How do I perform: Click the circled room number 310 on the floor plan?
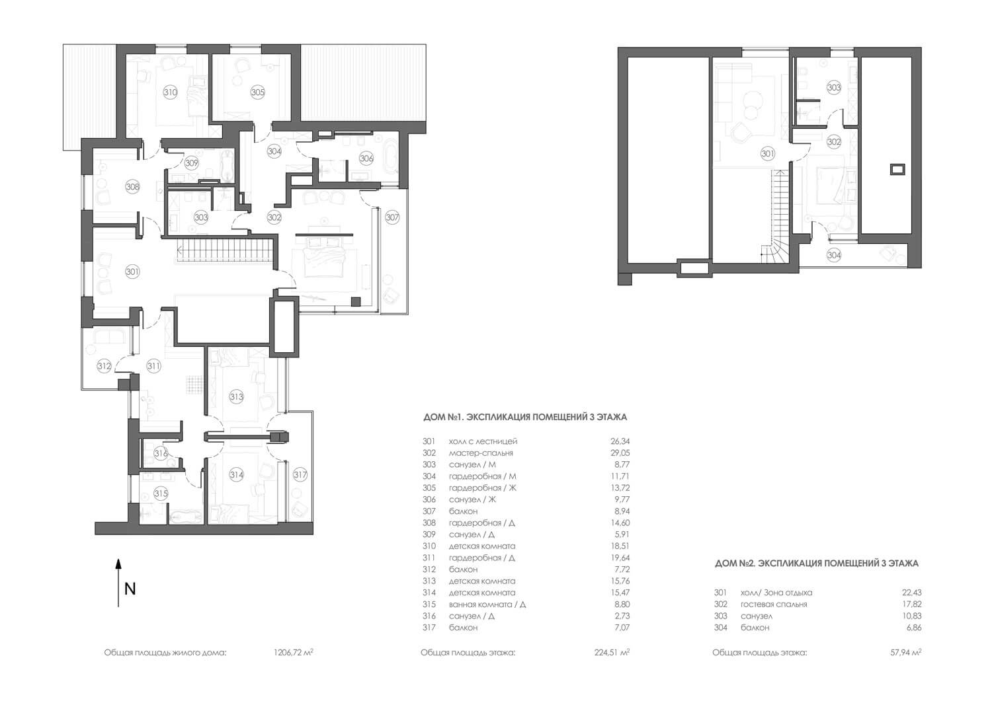(170, 92)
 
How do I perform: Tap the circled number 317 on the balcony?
(300, 475)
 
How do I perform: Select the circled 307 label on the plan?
(392, 217)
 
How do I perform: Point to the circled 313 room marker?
(237, 396)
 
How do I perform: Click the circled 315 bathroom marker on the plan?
(161, 493)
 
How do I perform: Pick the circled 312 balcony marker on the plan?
(104, 367)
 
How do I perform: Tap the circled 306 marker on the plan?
(366, 158)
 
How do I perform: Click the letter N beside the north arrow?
(130, 589)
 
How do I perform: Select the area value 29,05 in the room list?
(620, 453)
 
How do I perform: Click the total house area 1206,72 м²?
(294, 652)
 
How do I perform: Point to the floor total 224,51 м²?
(612, 652)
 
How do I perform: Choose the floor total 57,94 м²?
(906, 652)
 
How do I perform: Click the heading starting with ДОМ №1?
(525, 417)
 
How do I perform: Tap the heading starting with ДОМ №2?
(817, 564)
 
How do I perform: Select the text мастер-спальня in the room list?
(481, 453)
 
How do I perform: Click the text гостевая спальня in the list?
(774, 604)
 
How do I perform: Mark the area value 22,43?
(911, 593)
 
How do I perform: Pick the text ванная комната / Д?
(487, 604)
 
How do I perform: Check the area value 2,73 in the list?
(622, 616)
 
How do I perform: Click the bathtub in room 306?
(392, 157)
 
